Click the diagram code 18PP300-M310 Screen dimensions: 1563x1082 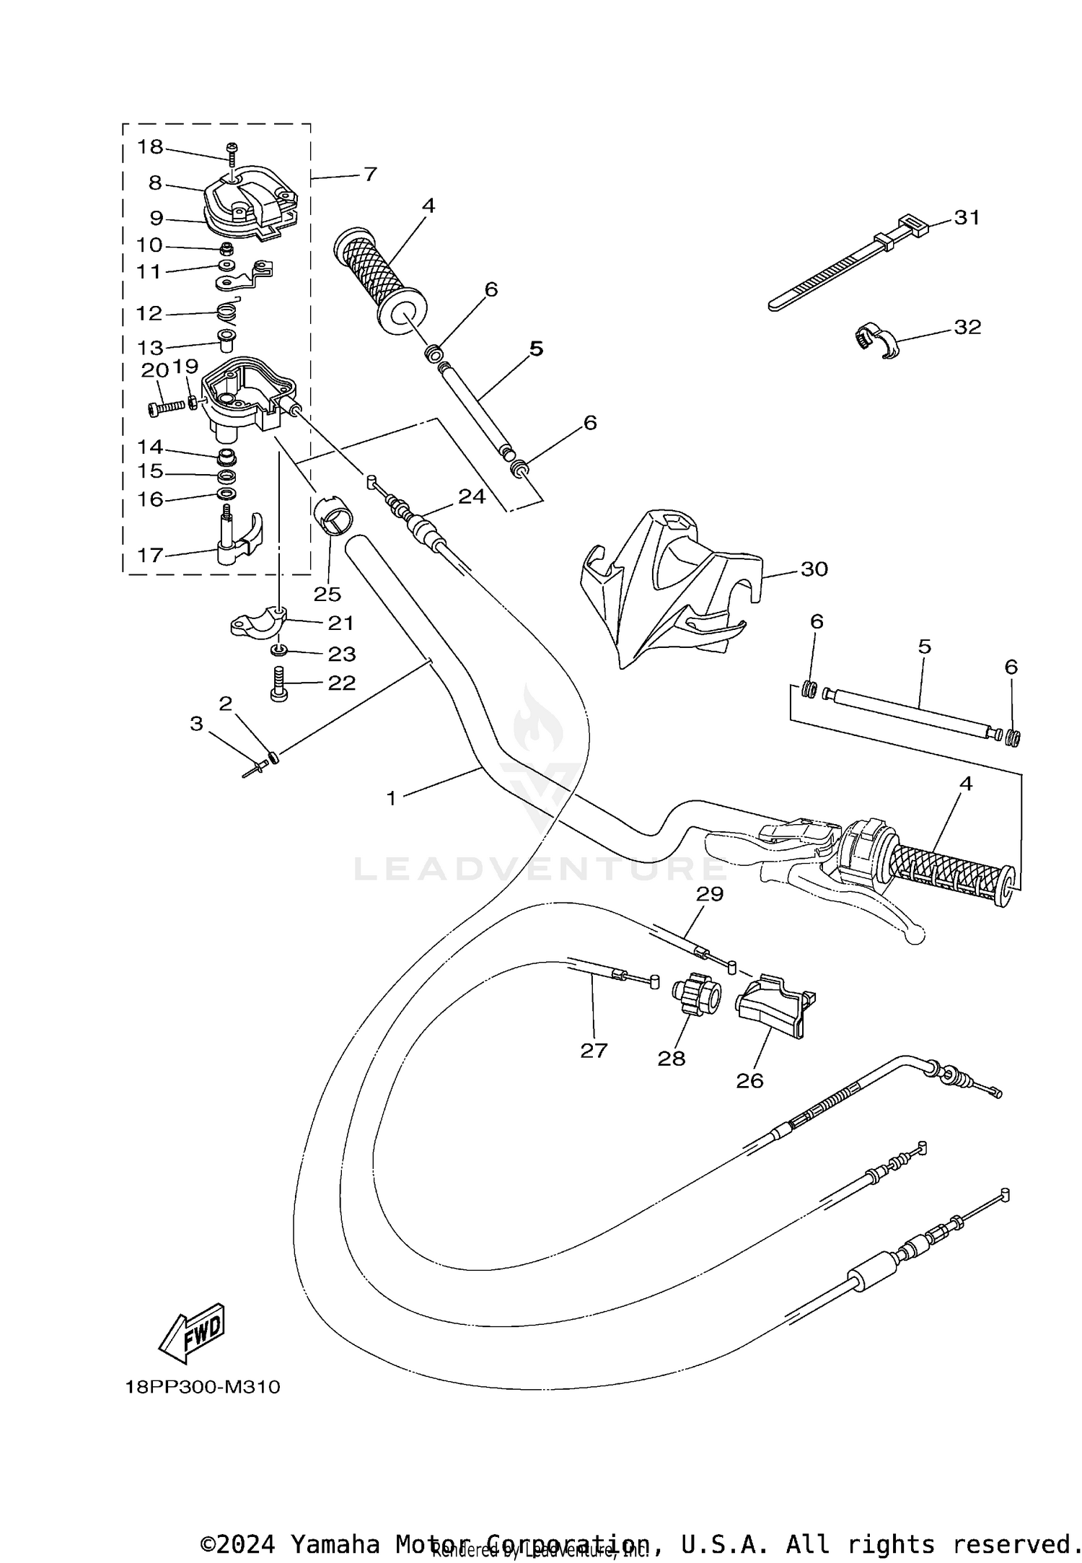pyautogui.click(x=203, y=1387)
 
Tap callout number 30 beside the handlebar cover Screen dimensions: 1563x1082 pyautogui.click(x=814, y=569)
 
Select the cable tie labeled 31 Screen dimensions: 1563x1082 pyautogui.click(x=837, y=264)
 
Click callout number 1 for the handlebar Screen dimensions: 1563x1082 pyautogui.click(x=392, y=798)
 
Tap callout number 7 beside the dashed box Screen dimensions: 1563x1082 pyautogui.click(x=370, y=174)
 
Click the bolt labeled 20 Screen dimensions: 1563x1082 pyautogui.click(x=166, y=408)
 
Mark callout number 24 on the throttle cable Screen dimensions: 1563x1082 pyautogui.click(x=472, y=496)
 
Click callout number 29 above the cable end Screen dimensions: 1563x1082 pyautogui.click(x=709, y=894)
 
